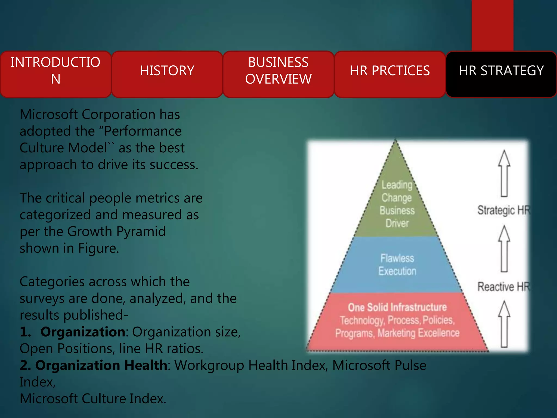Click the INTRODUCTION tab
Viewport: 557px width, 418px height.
click(55, 70)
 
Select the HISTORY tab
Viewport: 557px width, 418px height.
click(167, 71)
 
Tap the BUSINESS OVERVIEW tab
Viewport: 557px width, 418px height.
click(278, 71)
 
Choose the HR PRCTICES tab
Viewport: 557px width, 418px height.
click(390, 71)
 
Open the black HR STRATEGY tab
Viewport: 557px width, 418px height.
click(501, 71)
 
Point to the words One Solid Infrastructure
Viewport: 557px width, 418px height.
click(397, 307)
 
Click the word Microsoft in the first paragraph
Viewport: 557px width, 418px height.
click(49, 114)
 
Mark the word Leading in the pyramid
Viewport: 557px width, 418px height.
click(397, 185)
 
